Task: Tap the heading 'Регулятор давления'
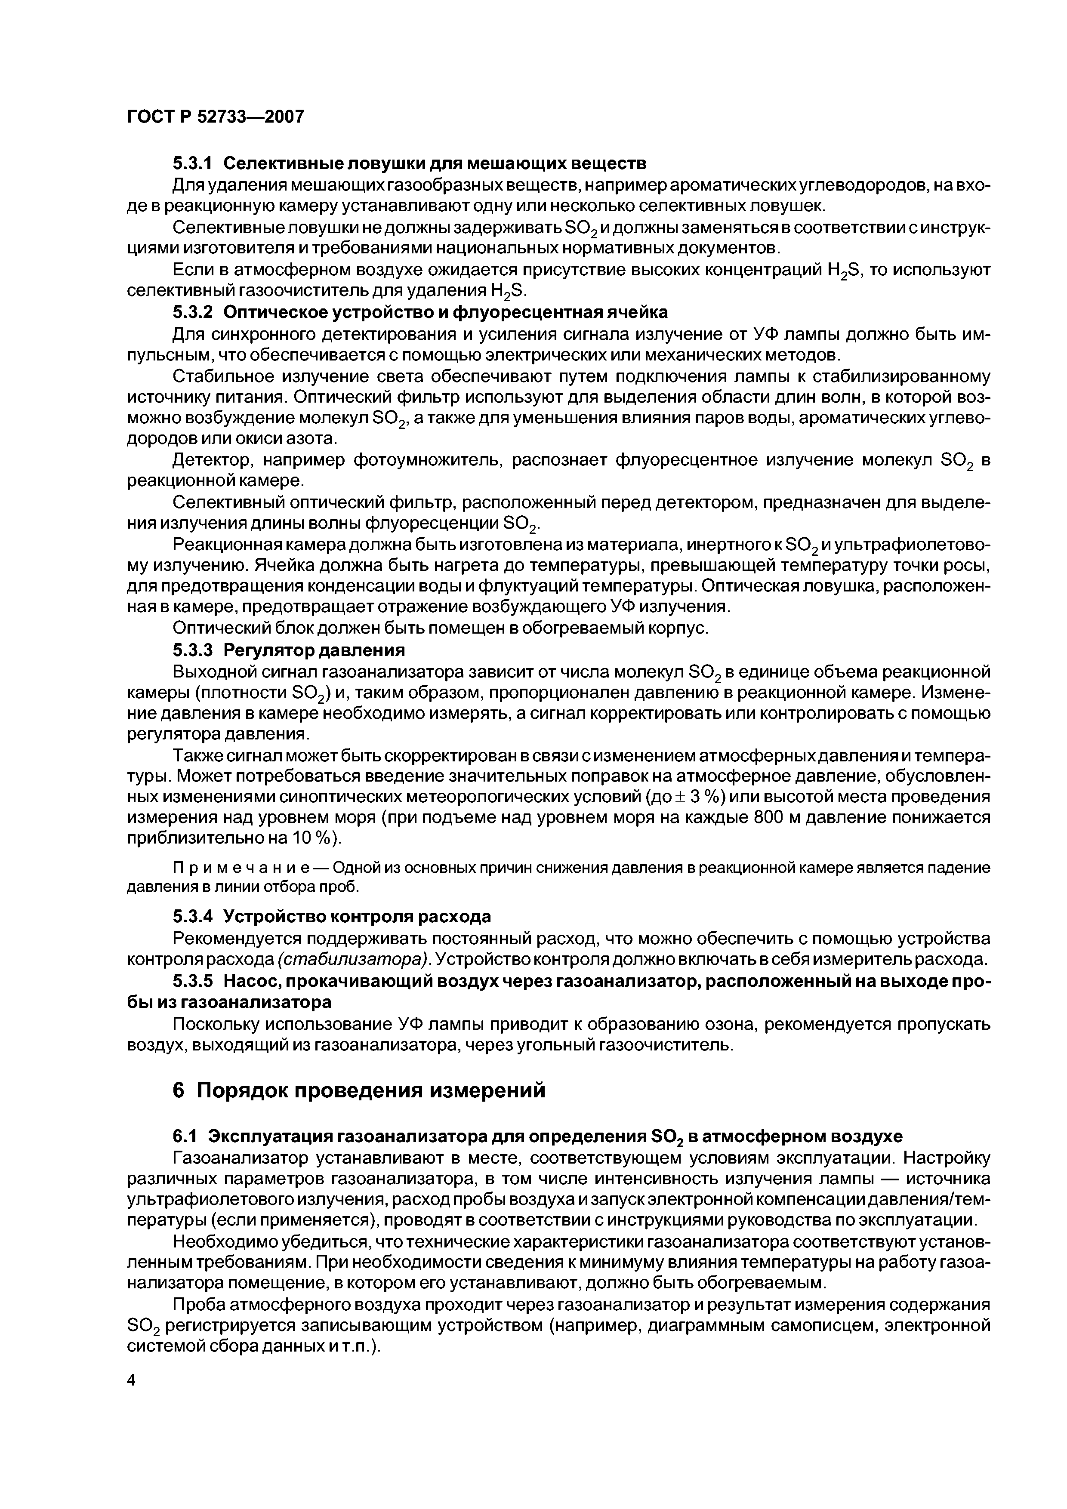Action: (314, 650)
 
